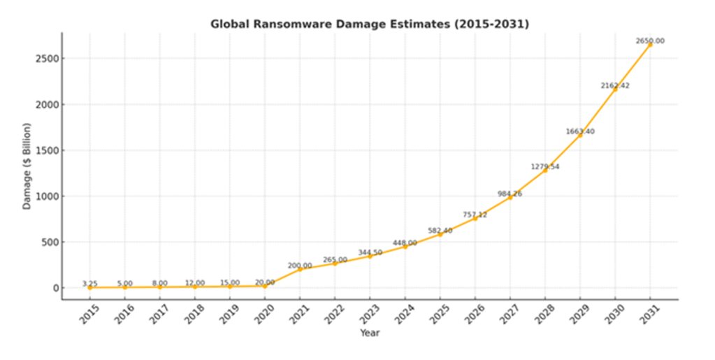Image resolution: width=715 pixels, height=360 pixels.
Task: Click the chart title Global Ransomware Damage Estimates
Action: click(x=370, y=24)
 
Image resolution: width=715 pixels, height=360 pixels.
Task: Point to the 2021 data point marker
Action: click(x=300, y=269)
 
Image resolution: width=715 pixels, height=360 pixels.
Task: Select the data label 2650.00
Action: click(x=650, y=41)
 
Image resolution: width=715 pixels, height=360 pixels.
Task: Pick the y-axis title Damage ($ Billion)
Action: click(x=27, y=166)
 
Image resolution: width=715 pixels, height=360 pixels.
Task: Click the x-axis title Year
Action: click(x=370, y=333)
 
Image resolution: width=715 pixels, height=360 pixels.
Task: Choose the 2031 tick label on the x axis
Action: click(x=649, y=315)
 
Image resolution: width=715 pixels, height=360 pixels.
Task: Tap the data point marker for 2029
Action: click(x=580, y=135)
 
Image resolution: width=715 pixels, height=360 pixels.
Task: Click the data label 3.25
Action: click(x=89, y=284)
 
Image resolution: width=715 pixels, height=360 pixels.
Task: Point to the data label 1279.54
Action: click(x=545, y=167)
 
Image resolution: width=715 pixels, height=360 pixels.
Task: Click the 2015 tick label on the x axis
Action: click(x=89, y=315)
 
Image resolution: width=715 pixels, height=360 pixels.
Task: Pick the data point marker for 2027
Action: click(x=510, y=197)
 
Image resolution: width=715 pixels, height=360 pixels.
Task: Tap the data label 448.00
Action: click(x=405, y=243)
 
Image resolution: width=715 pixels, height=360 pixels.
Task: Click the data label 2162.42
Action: click(x=615, y=86)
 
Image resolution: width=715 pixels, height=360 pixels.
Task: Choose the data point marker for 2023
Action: click(x=370, y=256)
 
